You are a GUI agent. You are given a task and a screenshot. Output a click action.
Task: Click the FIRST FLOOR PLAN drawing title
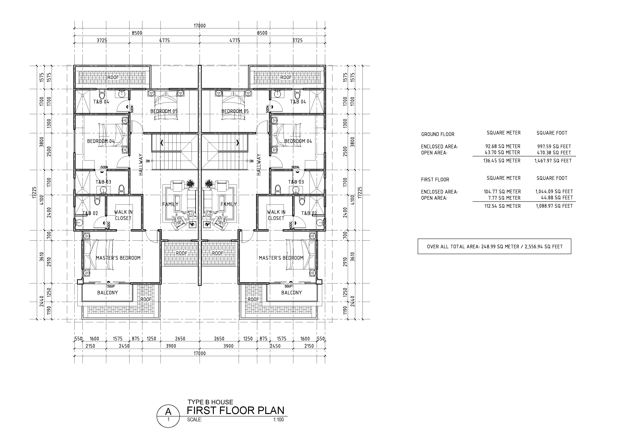pyautogui.click(x=236, y=410)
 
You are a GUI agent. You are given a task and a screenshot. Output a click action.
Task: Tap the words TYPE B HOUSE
pyautogui.click(x=210, y=402)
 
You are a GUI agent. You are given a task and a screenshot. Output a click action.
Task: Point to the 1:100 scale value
pyautogui.click(x=279, y=419)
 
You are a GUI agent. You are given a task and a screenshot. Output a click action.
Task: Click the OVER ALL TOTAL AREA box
pyautogui.click(x=494, y=246)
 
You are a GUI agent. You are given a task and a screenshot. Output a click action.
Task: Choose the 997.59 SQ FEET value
pyautogui.click(x=554, y=146)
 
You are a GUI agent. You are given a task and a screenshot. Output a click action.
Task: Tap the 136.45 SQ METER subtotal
pyautogui.click(x=502, y=161)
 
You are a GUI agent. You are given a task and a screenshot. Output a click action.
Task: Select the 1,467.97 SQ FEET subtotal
pyautogui.click(x=553, y=161)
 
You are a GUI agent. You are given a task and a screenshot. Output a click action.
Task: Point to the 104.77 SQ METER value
pyautogui.click(x=502, y=192)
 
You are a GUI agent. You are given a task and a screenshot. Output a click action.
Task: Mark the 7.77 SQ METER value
pyautogui.click(x=504, y=198)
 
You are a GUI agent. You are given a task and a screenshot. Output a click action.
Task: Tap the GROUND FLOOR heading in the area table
pyautogui.click(x=438, y=134)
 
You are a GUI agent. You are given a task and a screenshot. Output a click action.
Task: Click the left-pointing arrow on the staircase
pyautogui.click(x=162, y=142)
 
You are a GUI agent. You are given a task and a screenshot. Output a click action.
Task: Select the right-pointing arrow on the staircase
pyautogui.click(x=238, y=142)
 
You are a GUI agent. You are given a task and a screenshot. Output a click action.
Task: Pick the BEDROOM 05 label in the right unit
pyautogui.click(x=235, y=111)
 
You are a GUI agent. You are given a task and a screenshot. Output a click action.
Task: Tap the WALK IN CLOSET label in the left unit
pyautogui.click(x=123, y=215)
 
